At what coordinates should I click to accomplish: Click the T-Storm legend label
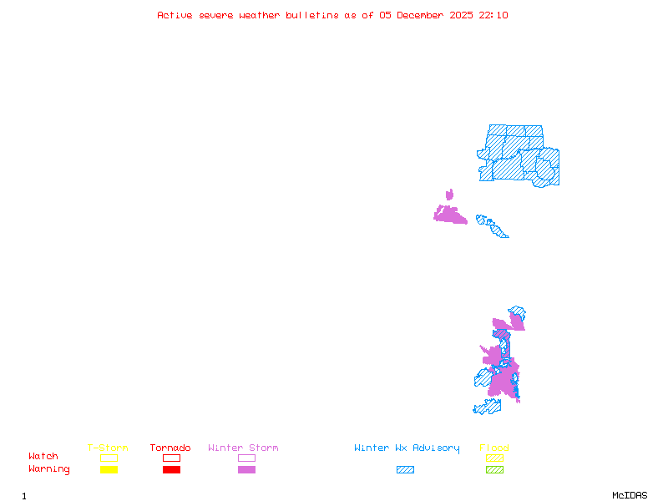[x=108, y=448]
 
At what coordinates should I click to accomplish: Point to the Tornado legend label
[x=170, y=448]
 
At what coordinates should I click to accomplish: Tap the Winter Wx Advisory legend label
[x=407, y=448]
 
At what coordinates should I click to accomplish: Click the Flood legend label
[x=494, y=448]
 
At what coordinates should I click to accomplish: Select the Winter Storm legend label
[x=243, y=448]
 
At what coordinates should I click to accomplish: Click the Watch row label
[x=43, y=457]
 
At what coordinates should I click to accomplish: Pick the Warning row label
[x=49, y=469]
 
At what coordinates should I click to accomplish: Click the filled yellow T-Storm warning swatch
[x=109, y=469]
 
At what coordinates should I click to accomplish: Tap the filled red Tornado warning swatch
[x=171, y=469]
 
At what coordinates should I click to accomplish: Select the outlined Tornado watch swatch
[x=171, y=458]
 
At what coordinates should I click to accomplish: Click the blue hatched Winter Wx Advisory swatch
[x=405, y=469]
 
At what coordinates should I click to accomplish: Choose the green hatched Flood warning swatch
[x=494, y=469]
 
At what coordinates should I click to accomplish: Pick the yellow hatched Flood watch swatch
[x=494, y=458]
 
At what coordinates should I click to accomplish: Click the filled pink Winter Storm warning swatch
[x=246, y=469]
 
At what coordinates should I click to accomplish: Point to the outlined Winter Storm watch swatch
[x=246, y=458]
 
